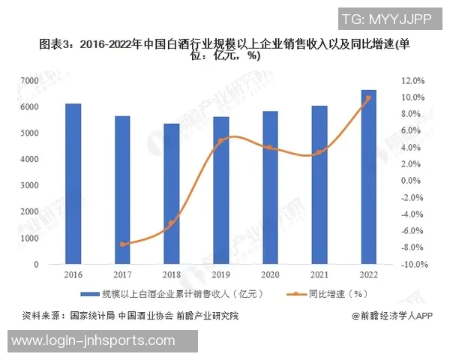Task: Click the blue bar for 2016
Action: point(73,184)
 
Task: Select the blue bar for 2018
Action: point(172,193)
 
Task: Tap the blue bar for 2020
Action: point(270,187)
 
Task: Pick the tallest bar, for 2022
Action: point(368,177)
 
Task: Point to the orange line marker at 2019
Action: point(221,141)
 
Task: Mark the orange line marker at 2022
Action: point(368,98)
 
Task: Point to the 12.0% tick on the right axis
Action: point(413,80)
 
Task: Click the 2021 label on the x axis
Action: point(319,276)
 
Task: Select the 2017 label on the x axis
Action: point(122,276)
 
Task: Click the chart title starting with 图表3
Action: point(225,49)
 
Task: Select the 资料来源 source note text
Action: point(131,316)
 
